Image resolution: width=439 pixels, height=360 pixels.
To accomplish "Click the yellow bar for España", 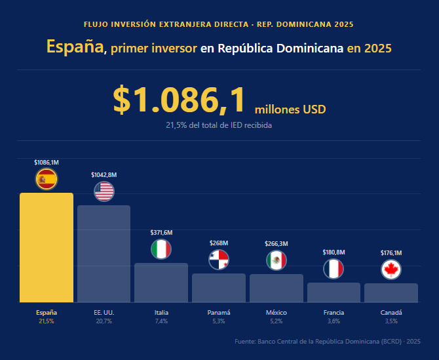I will [x=46, y=247].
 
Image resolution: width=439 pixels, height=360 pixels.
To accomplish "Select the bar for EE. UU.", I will [x=104, y=254].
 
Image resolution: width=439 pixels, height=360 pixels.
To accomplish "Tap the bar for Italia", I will [x=161, y=283].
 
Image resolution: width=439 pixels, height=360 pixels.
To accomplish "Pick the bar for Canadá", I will [x=391, y=292].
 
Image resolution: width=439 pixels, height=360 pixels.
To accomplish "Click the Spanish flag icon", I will [x=47, y=179].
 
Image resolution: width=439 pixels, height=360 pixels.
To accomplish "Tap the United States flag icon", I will [x=104, y=191].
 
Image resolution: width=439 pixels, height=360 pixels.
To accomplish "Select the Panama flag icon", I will [x=219, y=260].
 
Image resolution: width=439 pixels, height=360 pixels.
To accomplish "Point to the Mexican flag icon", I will [x=277, y=260].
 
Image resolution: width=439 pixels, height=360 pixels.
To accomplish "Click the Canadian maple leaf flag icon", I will [x=391, y=270].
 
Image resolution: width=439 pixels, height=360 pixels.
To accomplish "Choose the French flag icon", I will [x=334, y=269].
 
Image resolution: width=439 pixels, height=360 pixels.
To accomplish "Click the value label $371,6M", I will [x=161, y=233].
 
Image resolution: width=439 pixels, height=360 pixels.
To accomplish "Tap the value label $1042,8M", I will [x=104, y=175].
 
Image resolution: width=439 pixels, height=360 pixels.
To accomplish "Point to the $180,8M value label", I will [x=334, y=252].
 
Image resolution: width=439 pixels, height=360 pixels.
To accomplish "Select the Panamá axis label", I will [x=219, y=313].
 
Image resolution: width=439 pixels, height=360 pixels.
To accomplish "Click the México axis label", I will [x=277, y=313].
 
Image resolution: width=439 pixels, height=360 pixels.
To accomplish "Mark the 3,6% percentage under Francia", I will [x=334, y=321].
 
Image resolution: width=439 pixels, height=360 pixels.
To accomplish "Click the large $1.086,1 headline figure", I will [x=180, y=100].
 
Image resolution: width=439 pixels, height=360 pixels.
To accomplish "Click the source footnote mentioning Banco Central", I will [x=327, y=342].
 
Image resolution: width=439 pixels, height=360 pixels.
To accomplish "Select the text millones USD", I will [x=290, y=109].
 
